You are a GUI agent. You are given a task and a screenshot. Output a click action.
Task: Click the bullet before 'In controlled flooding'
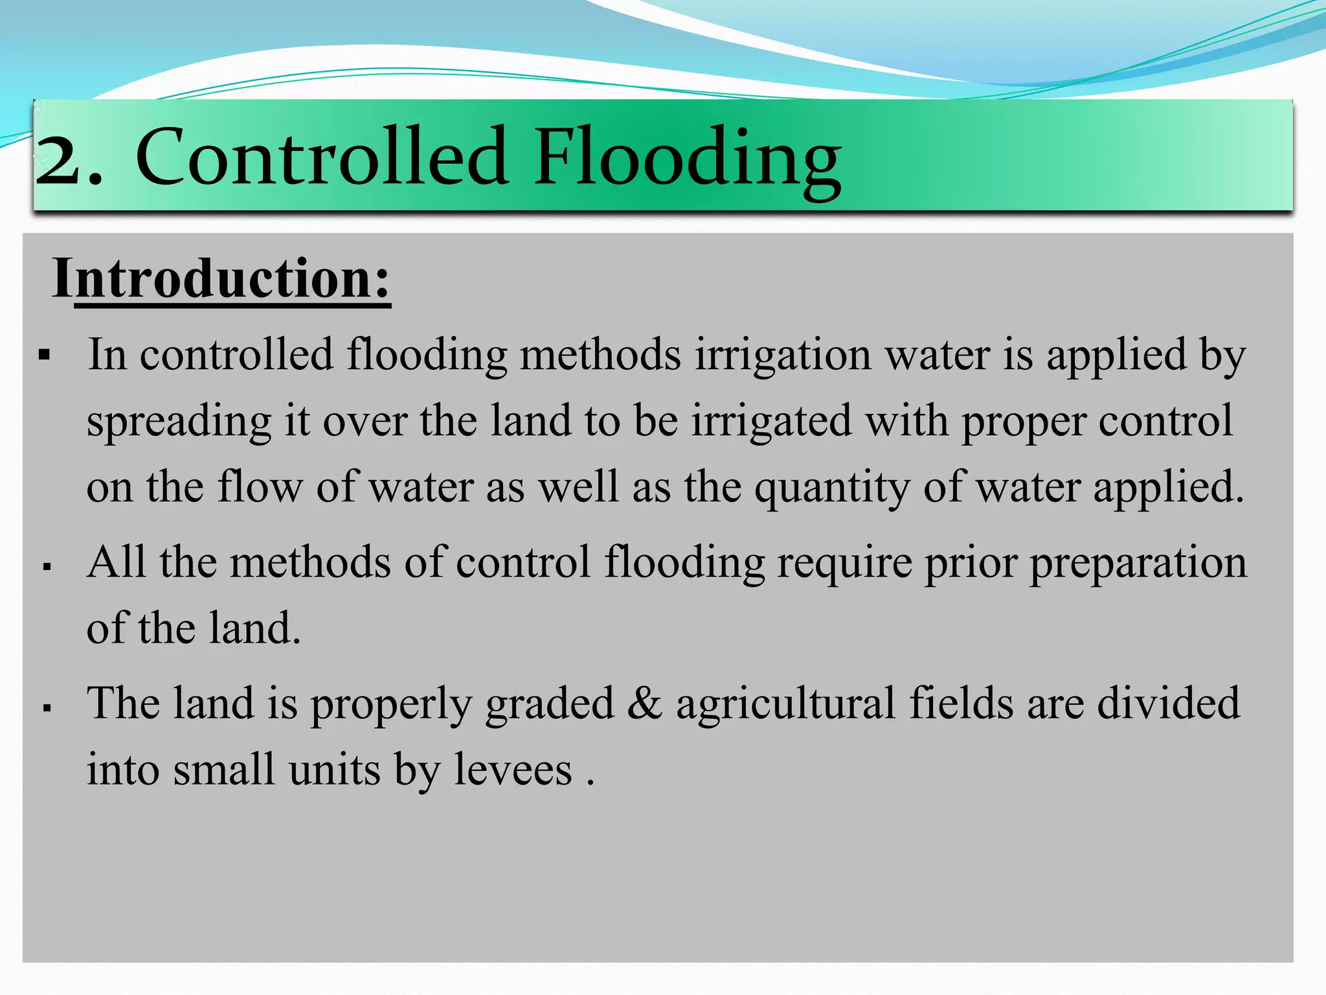[x=45, y=355]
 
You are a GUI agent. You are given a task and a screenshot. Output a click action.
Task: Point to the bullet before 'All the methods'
[x=47, y=567]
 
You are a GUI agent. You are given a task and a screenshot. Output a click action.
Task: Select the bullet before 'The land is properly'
[x=47, y=708]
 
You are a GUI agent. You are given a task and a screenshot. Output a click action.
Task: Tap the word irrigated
[x=771, y=422]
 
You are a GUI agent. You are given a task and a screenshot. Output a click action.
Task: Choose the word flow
[x=260, y=487]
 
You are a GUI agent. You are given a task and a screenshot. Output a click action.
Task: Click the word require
[x=845, y=563]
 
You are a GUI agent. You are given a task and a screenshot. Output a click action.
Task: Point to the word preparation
[x=1138, y=563]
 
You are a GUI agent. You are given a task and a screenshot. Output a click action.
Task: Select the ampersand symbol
[x=645, y=704]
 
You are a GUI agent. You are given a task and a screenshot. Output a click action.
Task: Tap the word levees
[x=513, y=770]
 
